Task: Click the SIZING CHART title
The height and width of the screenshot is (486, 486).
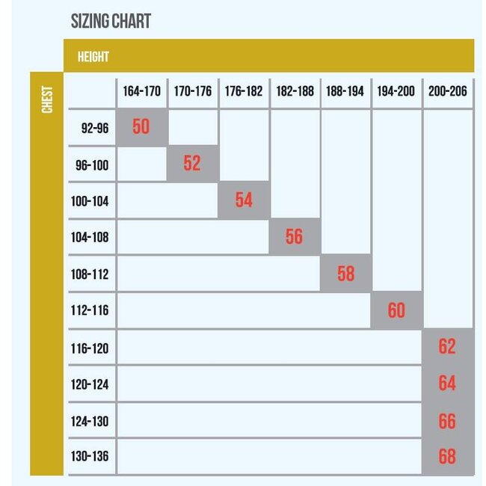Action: [111, 21]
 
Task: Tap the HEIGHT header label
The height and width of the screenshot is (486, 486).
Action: [93, 57]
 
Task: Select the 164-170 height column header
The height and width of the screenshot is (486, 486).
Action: [141, 92]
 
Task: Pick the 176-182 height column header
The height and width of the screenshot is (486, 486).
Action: [244, 92]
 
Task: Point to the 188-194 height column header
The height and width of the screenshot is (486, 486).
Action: [345, 92]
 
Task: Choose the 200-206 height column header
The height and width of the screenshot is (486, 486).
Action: [448, 92]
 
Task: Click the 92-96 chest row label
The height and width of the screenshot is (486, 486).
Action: [95, 129]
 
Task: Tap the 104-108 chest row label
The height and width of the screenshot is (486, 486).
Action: [90, 238]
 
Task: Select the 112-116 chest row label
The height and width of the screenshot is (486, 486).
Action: [90, 311]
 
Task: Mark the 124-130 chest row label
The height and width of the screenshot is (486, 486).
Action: [90, 421]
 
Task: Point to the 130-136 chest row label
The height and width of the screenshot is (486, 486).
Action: [90, 457]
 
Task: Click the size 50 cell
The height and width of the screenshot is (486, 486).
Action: [141, 127]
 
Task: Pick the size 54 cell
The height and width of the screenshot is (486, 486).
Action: [244, 200]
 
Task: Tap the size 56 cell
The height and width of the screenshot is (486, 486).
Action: [295, 237]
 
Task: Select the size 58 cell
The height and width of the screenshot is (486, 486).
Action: [345, 273]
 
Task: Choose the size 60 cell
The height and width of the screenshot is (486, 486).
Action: [396, 310]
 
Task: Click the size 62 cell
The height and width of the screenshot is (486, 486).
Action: [447, 347]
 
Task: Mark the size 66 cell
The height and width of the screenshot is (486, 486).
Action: [447, 421]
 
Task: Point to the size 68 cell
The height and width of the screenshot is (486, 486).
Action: [447, 457]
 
